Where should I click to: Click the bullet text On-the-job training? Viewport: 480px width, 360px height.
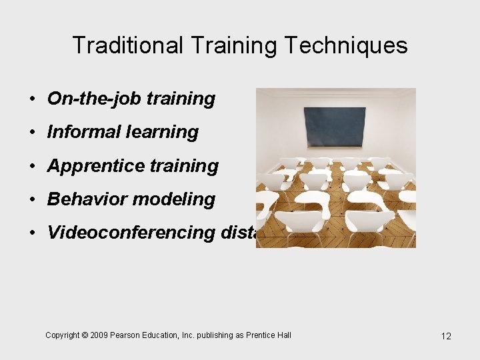pos(131,99)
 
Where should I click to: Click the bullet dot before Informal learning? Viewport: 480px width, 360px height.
pos(32,133)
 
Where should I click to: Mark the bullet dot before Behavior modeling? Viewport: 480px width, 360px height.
pos(32,199)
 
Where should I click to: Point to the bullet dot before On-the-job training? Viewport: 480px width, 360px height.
pos(32,99)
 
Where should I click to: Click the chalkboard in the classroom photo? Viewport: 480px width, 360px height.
pos(335,126)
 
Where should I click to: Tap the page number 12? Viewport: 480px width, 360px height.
pos(446,336)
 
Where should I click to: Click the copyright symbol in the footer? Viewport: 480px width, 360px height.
pos(85,335)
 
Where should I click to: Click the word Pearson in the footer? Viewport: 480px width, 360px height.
pos(125,335)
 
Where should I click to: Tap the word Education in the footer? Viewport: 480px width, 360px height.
pos(160,335)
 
